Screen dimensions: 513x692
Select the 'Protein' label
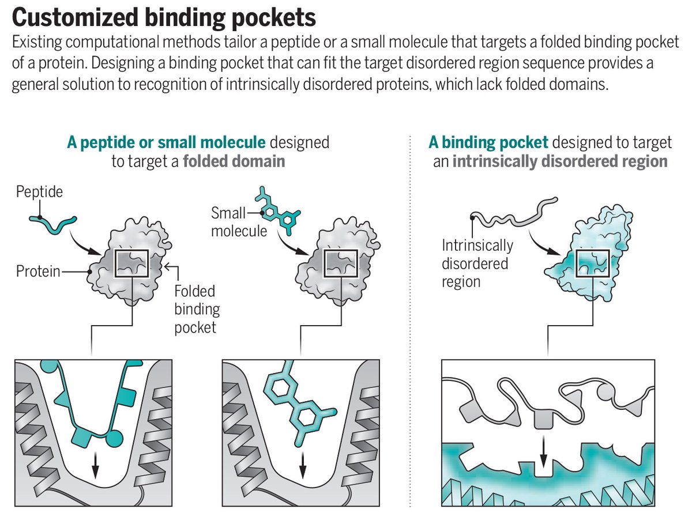pos(38,271)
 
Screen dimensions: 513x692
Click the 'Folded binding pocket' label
pos(197,309)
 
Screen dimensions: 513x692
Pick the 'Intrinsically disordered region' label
pos(477,263)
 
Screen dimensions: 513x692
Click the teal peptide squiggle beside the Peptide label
pos(53,225)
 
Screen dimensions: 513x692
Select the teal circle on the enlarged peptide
pos(115,439)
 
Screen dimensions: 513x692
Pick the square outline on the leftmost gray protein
pos(132,265)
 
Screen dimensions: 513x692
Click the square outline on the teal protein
pos(593,264)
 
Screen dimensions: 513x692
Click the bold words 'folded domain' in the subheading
pos(234,161)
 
